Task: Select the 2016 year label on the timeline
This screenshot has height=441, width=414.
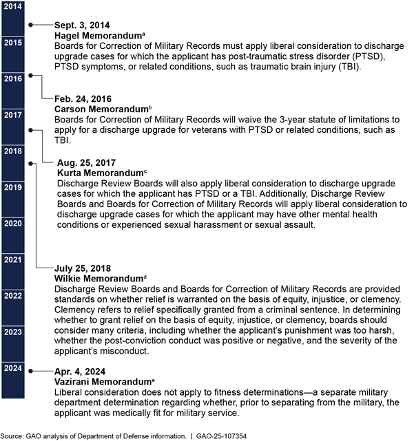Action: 12,78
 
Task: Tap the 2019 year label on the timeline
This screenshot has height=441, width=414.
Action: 12,187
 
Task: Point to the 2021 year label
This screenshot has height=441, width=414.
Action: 12,259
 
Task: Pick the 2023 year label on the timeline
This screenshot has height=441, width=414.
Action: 12,332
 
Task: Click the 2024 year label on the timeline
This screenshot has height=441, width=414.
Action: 12,368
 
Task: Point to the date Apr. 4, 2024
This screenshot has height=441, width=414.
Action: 80,369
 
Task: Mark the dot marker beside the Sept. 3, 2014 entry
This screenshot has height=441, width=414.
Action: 30,24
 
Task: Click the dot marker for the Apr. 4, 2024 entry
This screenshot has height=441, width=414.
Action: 30,370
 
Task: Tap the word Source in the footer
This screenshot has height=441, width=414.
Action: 12,435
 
